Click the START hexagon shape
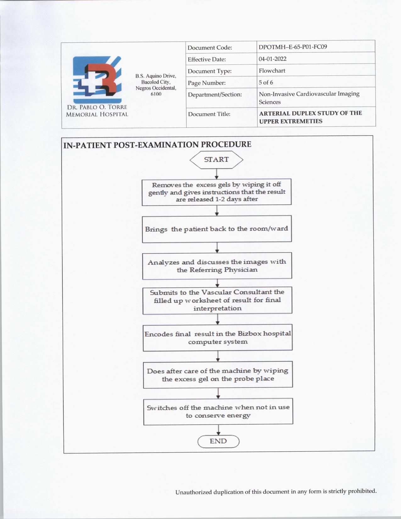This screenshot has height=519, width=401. click(x=216, y=160)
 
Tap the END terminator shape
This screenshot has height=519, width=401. click(x=218, y=441)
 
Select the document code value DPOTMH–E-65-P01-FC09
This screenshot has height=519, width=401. click(x=292, y=47)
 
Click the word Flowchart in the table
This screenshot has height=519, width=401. click(x=272, y=71)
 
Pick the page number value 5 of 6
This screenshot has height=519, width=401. click(x=266, y=83)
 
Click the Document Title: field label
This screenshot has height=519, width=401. click(x=209, y=114)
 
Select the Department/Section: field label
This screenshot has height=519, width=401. click(x=214, y=94)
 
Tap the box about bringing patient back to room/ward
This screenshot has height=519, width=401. click(x=217, y=229)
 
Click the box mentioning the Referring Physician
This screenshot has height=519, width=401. click(x=217, y=266)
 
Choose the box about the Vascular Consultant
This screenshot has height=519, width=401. click(x=217, y=300)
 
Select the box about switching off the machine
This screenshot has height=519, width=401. click(x=218, y=411)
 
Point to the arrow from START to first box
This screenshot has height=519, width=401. click(x=216, y=174)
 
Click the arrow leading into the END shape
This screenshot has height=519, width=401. click(x=218, y=430)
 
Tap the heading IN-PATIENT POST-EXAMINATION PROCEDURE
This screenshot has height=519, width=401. click(x=157, y=145)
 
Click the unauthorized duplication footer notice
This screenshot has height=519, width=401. click(x=276, y=491)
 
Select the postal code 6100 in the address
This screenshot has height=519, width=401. click(x=156, y=94)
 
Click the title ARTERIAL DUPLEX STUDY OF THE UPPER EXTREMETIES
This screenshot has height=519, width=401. click(x=310, y=117)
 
